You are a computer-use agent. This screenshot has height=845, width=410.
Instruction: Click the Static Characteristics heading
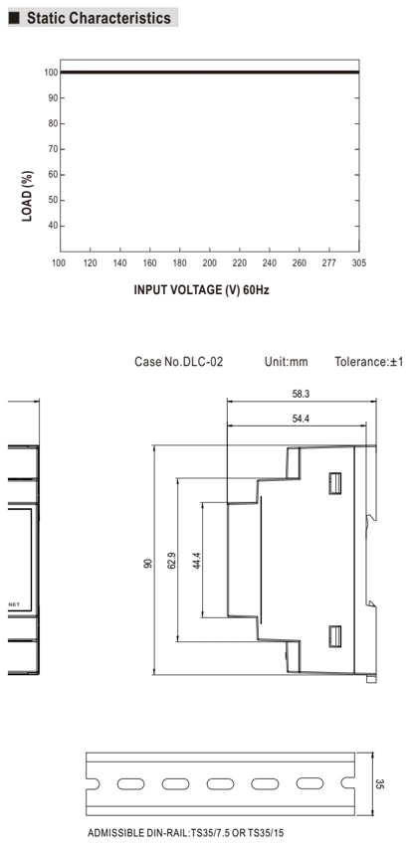[x=99, y=18]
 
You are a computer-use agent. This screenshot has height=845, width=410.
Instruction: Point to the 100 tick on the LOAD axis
[x=52, y=73]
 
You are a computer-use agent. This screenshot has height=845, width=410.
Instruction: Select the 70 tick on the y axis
[x=54, y=149]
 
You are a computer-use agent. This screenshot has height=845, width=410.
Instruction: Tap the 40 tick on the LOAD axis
[x=54, y=226]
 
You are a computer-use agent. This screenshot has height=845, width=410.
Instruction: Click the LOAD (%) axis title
[x=28, y=196]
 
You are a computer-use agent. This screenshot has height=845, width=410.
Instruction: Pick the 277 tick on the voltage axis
[x=328, y=263]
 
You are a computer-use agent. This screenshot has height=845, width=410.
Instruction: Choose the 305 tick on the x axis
[x=358, y=263]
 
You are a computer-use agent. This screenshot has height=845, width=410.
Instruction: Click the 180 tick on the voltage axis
[x=180, y=263]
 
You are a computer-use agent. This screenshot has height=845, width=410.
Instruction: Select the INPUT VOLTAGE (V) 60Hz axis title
[x=202, y=290]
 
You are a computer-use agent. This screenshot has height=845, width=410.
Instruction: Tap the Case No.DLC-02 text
[x=178, y=362]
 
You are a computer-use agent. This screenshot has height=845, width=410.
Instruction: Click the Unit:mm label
[x=286, y=362]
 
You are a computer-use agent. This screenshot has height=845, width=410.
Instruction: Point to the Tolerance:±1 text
[x=369, y=362]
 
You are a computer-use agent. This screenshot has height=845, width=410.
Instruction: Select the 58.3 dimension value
[x=301, y=394]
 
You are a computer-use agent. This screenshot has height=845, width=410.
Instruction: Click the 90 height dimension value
[x=149, y=563]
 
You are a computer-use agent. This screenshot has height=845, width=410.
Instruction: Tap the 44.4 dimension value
[x=196, y=561]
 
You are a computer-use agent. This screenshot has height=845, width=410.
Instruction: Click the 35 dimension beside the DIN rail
[x=379, y=784]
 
